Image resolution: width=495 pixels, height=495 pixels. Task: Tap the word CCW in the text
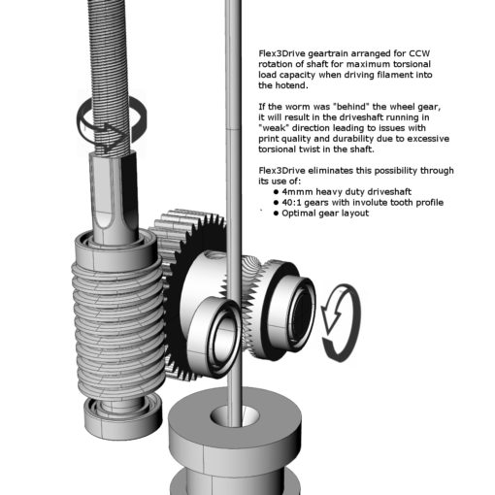[x=419, y=53]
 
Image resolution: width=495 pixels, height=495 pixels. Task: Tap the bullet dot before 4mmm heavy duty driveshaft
[x=276, y=192]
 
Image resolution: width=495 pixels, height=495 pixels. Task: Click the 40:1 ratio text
[x=291, y=203]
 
